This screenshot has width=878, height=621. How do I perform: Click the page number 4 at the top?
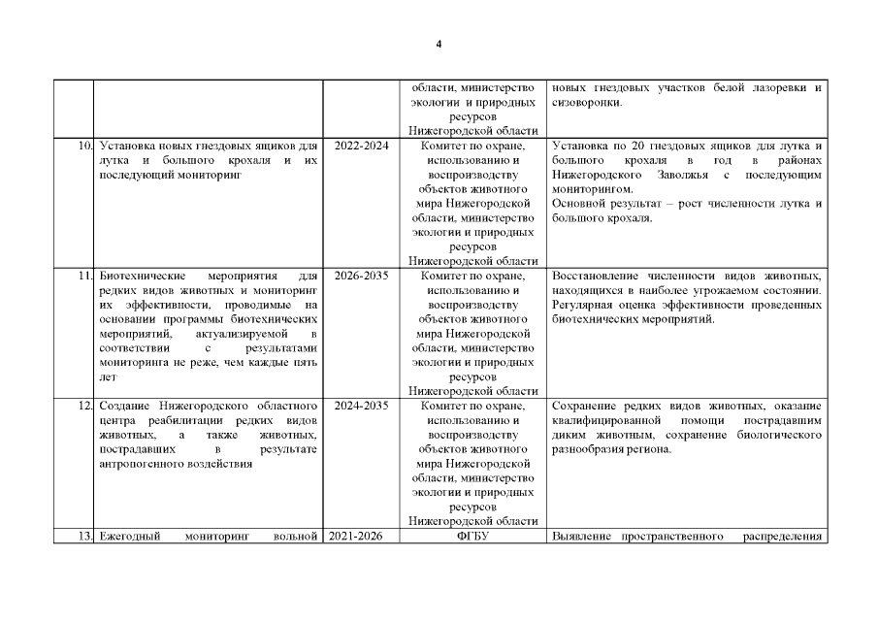(439, 46)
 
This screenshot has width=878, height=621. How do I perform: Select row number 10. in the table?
(82, 146)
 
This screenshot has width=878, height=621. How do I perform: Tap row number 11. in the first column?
(83, 276)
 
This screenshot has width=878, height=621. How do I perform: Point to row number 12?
(82, 406)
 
